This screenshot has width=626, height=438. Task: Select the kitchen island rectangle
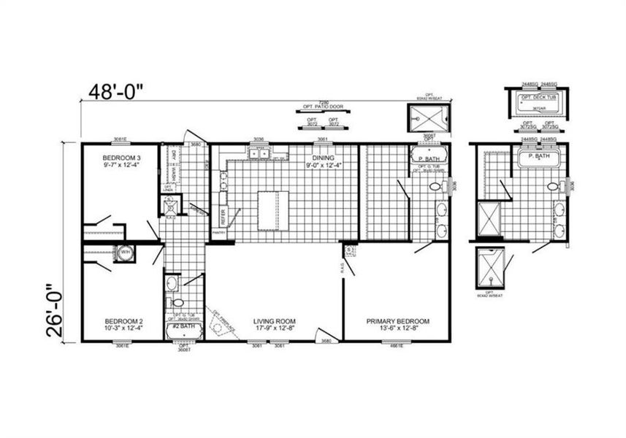(x=272, y=211)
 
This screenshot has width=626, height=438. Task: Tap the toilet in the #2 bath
(x=177, y=302)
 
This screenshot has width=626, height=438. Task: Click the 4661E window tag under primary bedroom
(x=397, y=345)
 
